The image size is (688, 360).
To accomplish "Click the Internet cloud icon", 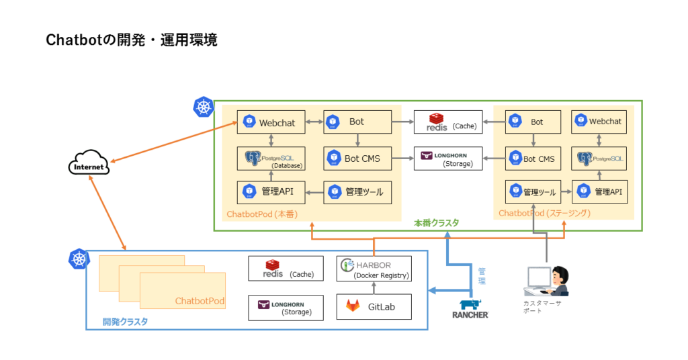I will (x=89, y=165).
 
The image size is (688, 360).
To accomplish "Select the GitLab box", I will (x=374, y=306).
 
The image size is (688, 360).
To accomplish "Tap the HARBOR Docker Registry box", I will (x=374, y=268).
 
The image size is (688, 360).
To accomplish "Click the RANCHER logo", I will (x=470, y=308).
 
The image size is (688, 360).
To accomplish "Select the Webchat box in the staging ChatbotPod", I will (x=599, y=122).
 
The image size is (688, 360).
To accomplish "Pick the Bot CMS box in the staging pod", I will (x=533, y=159).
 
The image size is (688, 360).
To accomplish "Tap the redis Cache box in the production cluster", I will (x=448, y=122).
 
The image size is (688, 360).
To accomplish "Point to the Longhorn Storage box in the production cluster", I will (x=448, y=159).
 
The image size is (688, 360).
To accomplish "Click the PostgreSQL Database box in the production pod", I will (x=271, y=159).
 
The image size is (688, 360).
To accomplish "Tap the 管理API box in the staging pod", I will (x=599, y=192).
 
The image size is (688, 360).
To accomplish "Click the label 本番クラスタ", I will (x=436, y=222).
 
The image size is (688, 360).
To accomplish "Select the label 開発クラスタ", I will (x=125, y=322).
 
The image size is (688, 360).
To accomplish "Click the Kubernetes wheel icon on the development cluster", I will (x=79, y=259).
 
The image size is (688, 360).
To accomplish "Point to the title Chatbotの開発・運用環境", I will (x=131, y=40).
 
